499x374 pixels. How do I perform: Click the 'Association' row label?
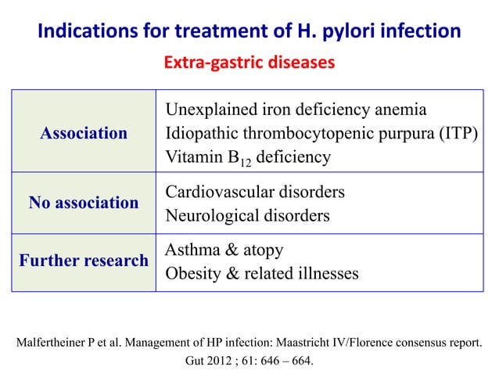click(84, 134)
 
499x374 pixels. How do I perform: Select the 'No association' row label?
click(84, 203)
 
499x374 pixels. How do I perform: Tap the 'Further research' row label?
click(84, 261)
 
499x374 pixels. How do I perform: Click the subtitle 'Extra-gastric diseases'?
click(249, 61)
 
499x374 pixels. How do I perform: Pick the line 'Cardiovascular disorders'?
click(255, 192)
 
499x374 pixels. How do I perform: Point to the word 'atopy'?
click(262, 251)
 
